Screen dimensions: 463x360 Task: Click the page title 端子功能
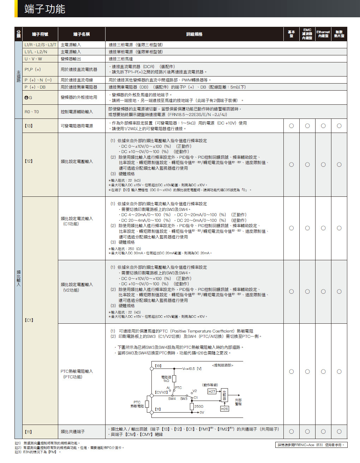point(45,9)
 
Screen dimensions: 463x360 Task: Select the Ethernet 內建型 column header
point(323,34)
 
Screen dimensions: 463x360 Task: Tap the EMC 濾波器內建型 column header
point(307,34)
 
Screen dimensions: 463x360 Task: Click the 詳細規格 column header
point(194,34)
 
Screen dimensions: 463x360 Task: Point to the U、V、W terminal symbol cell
point(33,59)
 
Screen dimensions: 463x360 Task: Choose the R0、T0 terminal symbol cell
point(32,112)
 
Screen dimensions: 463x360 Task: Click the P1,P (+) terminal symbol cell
point(32,69)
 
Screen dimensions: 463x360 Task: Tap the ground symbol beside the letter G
point(26,98)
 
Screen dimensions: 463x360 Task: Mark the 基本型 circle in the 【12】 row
point(291,165)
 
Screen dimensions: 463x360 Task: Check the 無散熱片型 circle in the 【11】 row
point(339,432)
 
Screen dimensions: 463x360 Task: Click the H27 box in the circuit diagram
point(212,391)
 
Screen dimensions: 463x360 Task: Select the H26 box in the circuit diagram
point(224,409)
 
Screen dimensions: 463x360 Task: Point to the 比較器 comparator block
point(224,395)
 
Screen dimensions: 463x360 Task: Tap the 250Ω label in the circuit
point(199,407)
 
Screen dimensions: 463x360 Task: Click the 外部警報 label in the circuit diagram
point(239,402)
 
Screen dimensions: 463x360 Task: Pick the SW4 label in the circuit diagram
point(172,399)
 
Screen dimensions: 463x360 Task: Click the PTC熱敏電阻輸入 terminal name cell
point(77,374)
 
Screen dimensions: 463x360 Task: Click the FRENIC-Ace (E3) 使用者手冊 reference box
point(311,445)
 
